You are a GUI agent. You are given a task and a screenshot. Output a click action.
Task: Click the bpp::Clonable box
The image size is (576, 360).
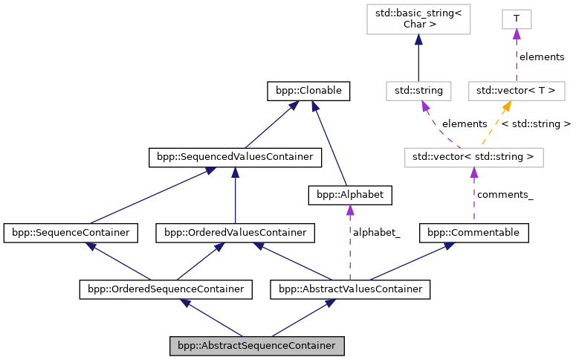click(308, 91)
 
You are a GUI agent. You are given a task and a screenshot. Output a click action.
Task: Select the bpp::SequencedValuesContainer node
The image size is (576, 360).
click(235, 157)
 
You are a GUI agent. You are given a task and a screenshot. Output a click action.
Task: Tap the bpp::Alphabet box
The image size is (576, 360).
click(349, 195)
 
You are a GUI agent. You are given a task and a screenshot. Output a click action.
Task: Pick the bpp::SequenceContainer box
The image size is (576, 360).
click(71, 233)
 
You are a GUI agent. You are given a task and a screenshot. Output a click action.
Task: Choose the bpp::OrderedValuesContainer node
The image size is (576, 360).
click(235, 233)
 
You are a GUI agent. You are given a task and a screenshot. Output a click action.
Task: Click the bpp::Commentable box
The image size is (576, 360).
click(474, 233)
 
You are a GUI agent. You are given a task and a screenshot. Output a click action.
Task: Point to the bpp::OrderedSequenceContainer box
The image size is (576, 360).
click(166, 288)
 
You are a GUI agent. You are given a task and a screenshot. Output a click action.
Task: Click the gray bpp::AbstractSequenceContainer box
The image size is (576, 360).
click(257, 346)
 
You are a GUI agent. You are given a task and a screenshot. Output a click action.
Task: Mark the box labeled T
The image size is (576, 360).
click(516, 17)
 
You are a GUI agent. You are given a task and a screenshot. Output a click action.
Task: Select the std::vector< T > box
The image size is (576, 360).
click(516, 91)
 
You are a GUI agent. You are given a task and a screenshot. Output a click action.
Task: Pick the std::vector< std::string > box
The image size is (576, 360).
click(473, 157)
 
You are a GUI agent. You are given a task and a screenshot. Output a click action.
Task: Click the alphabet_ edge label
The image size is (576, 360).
click(376, 233)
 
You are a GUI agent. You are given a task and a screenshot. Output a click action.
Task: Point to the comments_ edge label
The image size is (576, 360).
click(505, 195)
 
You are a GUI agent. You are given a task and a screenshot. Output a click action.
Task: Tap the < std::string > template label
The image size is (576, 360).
click(536, 123)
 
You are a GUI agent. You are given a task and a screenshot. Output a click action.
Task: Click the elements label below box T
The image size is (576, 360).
click(541, 57)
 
